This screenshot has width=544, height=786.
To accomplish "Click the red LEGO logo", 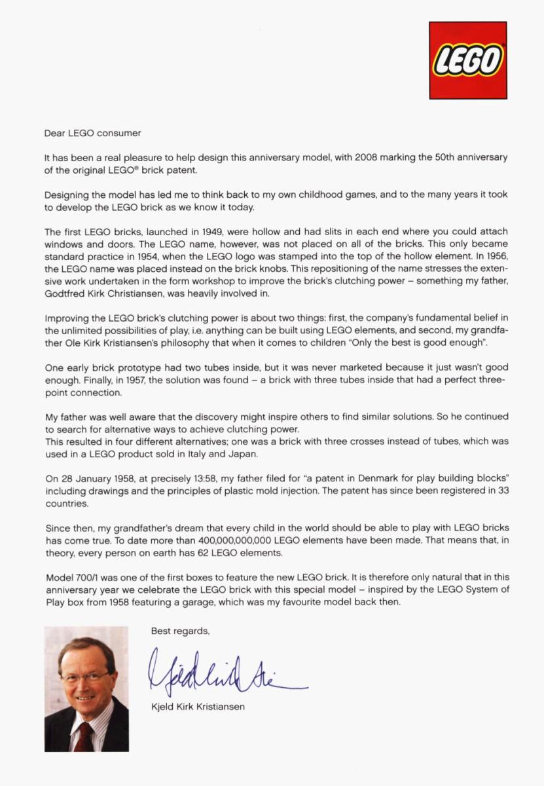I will [467, 60].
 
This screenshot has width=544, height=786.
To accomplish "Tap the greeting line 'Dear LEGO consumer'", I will [92, 133].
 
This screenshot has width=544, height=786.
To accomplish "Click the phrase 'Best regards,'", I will [181, 631].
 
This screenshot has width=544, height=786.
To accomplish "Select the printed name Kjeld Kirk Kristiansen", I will [198, 707].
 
